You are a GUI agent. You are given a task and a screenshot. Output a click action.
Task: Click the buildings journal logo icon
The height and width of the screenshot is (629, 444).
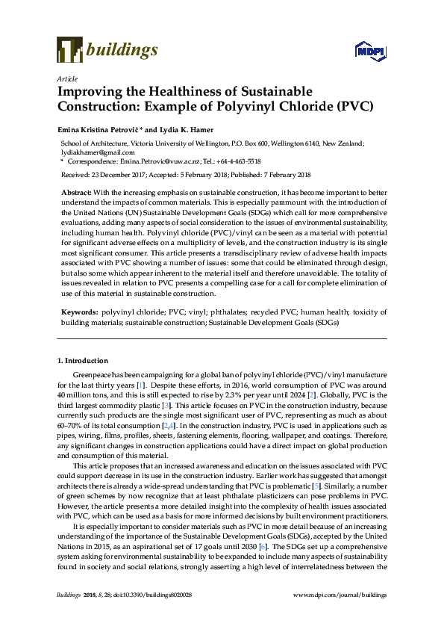(x=69, y=49)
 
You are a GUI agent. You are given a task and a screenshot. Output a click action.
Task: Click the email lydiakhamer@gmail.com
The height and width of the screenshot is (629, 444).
(x=92, y=152)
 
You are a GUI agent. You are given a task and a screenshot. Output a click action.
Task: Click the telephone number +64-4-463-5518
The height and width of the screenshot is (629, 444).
(x=237, y=161)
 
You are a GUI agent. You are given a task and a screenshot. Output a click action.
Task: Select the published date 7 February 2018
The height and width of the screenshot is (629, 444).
(x=284, y=175)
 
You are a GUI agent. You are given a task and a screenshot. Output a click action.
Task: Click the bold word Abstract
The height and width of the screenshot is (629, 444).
(x=75, y=192)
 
